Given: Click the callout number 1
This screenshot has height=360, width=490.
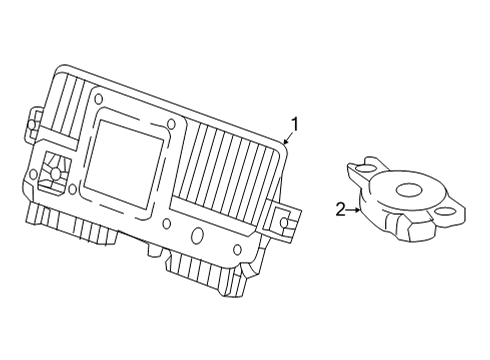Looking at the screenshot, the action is [x=294, y=124].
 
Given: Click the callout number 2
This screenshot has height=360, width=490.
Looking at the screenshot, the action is [x=340, y=210].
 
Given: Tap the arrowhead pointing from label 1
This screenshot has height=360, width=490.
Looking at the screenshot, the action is [x=285, y=141].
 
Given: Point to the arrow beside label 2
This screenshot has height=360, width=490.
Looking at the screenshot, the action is [x=353, y=210].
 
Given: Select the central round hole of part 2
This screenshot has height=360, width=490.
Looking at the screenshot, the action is [x=409, y=190].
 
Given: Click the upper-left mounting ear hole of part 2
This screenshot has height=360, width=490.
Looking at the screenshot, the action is [x=364, y=169].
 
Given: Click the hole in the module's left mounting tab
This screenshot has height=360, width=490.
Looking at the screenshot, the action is [x=31, y=125].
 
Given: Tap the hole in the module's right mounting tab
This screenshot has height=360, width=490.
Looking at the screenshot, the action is [x=284, y=222].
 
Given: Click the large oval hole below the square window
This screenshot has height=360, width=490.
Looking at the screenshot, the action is [x=197, y=235].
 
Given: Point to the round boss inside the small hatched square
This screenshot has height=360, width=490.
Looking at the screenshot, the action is [x=55, y=173].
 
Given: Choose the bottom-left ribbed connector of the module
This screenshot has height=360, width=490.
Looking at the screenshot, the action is [x=72, y=223].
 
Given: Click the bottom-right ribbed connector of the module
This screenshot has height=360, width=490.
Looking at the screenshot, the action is [x=207, y=272].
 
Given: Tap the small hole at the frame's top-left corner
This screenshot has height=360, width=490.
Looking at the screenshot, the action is [x=99, y=98].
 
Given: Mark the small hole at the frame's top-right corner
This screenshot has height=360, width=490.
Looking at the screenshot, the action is [x=171, y=124].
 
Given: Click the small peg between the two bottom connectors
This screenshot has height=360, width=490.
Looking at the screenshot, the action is [x=154, y=249].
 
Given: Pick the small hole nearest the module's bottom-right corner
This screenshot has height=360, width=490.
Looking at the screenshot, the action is [x=237, y=249].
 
